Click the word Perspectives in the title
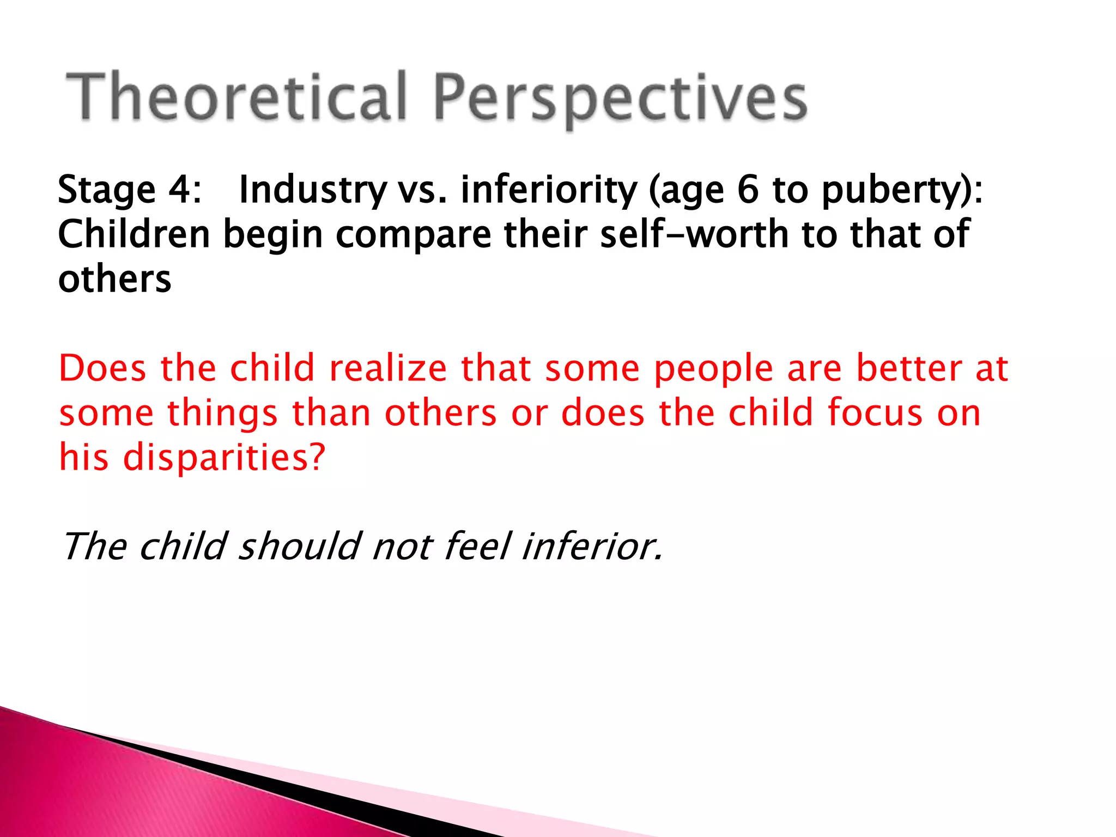(620, 98)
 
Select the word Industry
(313, 190)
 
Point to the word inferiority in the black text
(549, 190)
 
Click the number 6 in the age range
(748, 190)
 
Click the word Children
(134, 234)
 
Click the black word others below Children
(114, 279)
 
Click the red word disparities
(224, 457)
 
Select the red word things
(222, 414)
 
